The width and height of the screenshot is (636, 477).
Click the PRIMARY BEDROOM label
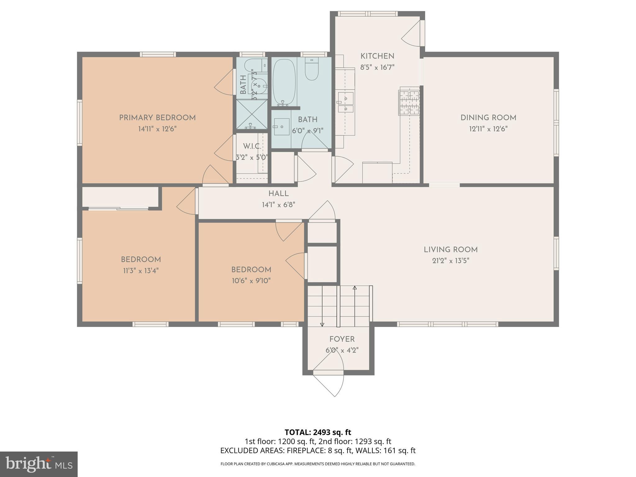tap(157, 118)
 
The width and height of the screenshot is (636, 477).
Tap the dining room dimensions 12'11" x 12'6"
tap(488, 129)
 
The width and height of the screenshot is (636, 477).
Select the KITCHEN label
tap(377, 56)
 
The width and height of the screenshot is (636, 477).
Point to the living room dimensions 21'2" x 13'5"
tap(450, 261)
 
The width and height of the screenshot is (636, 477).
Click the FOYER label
tap(342, 339)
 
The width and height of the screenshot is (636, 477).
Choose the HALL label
tap(279, 193)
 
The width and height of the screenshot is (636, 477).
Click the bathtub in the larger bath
tap(284, 82)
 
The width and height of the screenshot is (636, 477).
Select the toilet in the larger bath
tap(311, 69)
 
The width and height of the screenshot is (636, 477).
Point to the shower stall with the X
tap(252, 114)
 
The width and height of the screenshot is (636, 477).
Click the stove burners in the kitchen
tap(409, 101)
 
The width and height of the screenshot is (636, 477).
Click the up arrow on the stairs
tap(355, 288)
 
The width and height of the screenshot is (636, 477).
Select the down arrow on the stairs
tap(322, 324)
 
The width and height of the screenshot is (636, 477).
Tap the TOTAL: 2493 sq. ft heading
tap(318, 432)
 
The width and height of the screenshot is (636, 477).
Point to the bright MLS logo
tap(39, 464)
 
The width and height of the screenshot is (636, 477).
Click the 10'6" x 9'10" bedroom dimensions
tap(251, 281)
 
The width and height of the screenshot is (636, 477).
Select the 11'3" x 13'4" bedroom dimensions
tap(141, 271)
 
